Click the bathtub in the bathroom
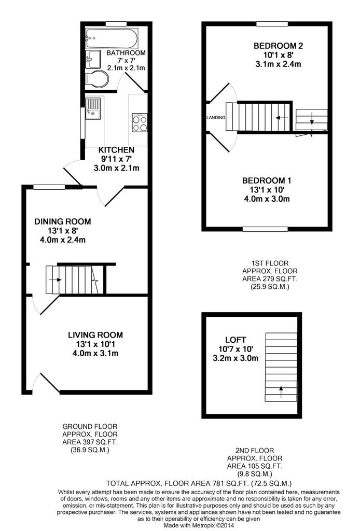coord(112,38)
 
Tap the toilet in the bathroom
coord(97,79)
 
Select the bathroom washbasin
coord(93,60)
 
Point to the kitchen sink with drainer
coord(93,109)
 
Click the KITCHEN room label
coord(116,150)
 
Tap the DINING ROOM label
coord(63,221)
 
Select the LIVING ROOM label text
coord(95,335)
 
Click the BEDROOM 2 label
coord(279,46)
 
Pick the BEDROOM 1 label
coord(267,180)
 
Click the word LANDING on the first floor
coord(216,118)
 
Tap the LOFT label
coord(236,340)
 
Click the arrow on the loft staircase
coord(281,392)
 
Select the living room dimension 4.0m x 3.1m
coord(95,353)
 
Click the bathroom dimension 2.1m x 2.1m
coord(126,68)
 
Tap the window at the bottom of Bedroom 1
coord(265,229)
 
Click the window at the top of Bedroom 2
coord(272,24)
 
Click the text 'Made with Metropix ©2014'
coord(199,525)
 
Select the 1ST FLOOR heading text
coord(270,263)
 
